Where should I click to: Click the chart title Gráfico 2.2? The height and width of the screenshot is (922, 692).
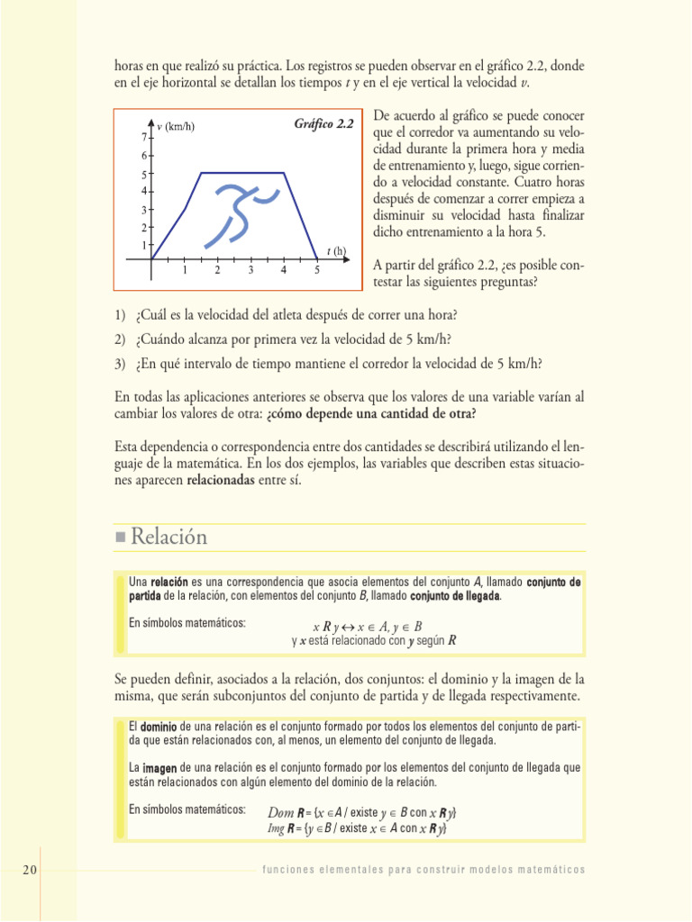(323, 123)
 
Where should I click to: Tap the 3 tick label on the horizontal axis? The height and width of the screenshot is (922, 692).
(250, 270)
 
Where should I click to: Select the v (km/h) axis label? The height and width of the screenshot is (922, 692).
(176, 127)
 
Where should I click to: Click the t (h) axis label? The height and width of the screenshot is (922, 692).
(337, 251)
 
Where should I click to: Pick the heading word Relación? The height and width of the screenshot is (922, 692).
(168, 538)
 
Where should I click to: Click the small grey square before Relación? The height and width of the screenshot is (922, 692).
(121, 538)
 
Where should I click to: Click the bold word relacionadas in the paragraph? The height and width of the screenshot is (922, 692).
(220, 481)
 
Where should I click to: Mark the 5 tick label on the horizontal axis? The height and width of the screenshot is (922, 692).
(317, 270)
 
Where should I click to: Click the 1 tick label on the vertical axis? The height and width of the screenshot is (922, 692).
(143, 245)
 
